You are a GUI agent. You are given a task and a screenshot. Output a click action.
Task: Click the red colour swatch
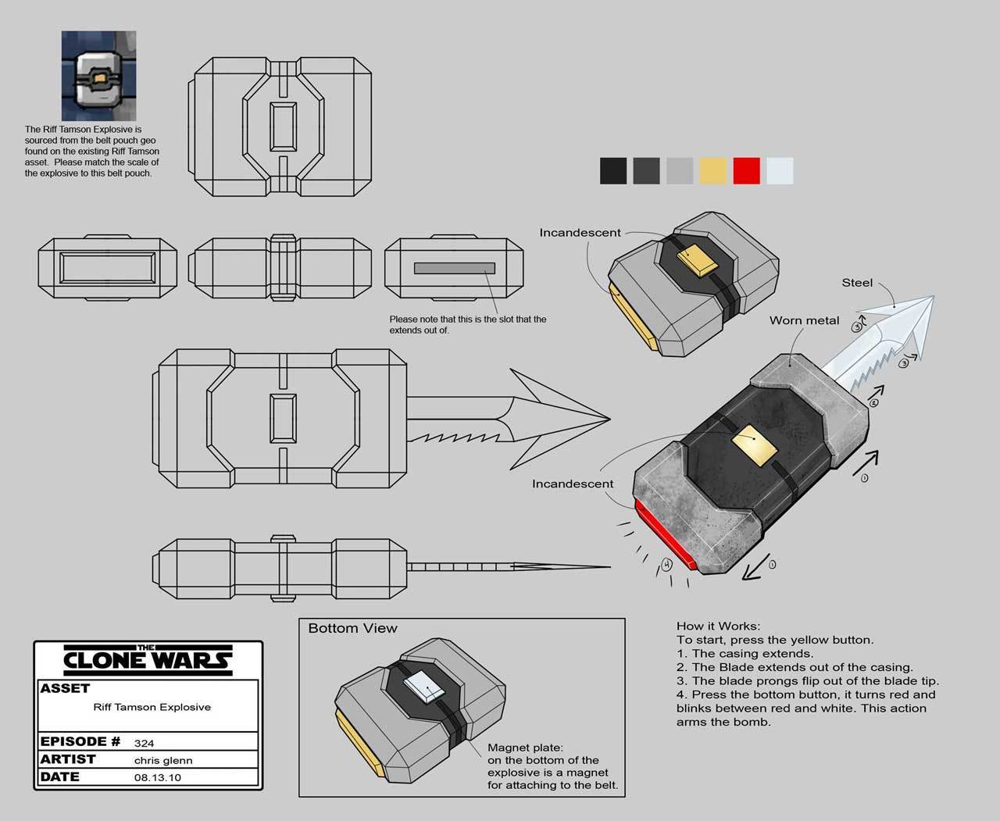point(746,170)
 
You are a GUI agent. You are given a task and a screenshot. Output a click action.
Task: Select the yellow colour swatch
point(713,170)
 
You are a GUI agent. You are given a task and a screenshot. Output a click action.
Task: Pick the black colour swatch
point(613,170)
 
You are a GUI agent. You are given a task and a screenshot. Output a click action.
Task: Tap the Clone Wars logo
point(148,660)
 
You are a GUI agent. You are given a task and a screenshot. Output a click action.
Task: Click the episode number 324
point(145,743)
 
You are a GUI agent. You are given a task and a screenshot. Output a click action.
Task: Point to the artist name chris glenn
point(163,760)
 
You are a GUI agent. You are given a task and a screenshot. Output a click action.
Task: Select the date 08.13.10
point(157,777)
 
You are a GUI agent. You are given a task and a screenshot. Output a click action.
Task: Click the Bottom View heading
point(353,628)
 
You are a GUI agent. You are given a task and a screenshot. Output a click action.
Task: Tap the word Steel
point(857,283)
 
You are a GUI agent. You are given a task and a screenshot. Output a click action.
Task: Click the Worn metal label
point(804,320)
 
